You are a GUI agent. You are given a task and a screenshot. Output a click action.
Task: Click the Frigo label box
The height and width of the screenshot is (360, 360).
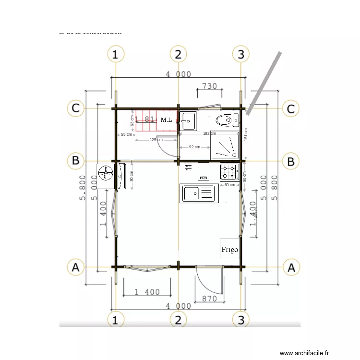point(229,249)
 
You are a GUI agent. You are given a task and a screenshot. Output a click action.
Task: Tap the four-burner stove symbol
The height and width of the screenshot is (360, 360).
point(229,171)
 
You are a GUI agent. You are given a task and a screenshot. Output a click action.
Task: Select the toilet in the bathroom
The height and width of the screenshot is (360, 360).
point(224,120)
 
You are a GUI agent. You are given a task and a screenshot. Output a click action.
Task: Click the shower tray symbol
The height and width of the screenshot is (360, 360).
point(225,145)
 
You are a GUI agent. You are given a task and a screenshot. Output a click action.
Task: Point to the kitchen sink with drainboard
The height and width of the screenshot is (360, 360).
point(199,193)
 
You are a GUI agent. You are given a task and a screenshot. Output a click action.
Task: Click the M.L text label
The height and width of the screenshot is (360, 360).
point(167,120)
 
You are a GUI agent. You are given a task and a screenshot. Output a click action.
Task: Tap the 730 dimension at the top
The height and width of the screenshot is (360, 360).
point(209,86)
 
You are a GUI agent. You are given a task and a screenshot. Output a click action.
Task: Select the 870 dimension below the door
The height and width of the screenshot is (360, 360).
point(210,299)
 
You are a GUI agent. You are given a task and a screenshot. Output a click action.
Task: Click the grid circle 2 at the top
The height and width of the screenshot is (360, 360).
point(178,54)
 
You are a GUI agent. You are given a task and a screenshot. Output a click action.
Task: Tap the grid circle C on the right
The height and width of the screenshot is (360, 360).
point(290,108)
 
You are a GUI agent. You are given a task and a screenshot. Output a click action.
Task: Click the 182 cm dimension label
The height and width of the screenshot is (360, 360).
point(209,133)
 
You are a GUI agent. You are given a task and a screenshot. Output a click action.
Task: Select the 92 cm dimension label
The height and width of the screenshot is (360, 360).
point(194,147)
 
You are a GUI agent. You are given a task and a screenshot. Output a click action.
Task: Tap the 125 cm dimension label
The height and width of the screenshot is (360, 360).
point(156,140)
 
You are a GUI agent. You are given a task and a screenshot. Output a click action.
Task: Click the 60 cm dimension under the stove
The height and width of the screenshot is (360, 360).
point(230,185)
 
